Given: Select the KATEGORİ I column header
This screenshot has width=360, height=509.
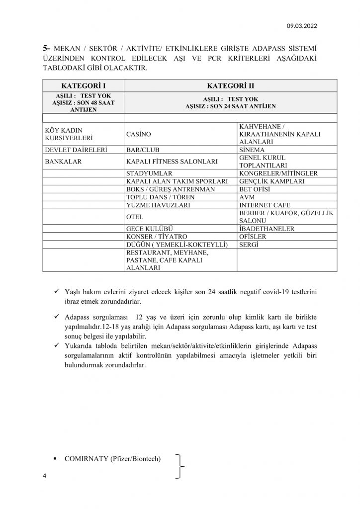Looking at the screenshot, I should point(83,85).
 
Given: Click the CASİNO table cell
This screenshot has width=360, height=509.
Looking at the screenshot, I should point(139,134).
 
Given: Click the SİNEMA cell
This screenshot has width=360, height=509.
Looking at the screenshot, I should point(253,150).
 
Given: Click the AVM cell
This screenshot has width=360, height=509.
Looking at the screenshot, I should point(248,197).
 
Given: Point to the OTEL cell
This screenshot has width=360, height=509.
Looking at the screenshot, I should point(135,217).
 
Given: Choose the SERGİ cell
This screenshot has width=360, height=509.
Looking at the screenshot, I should point(250,245).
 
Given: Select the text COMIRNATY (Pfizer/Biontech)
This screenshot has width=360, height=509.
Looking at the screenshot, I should point(112,458).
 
